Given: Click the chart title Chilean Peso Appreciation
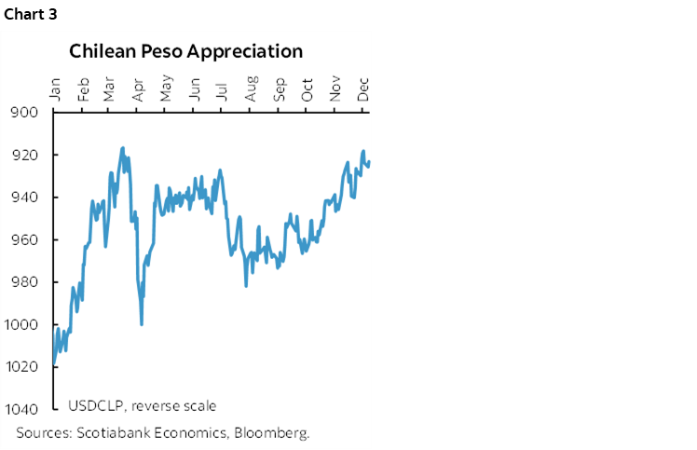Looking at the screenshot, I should [185, 51].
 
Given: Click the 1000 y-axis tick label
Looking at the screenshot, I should [22, 324].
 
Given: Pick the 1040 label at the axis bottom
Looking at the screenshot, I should [22, 409].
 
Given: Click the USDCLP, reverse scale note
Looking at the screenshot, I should [142, 405].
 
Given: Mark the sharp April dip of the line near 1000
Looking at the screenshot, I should [141, 323].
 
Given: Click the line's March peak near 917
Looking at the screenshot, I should [122, 148].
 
